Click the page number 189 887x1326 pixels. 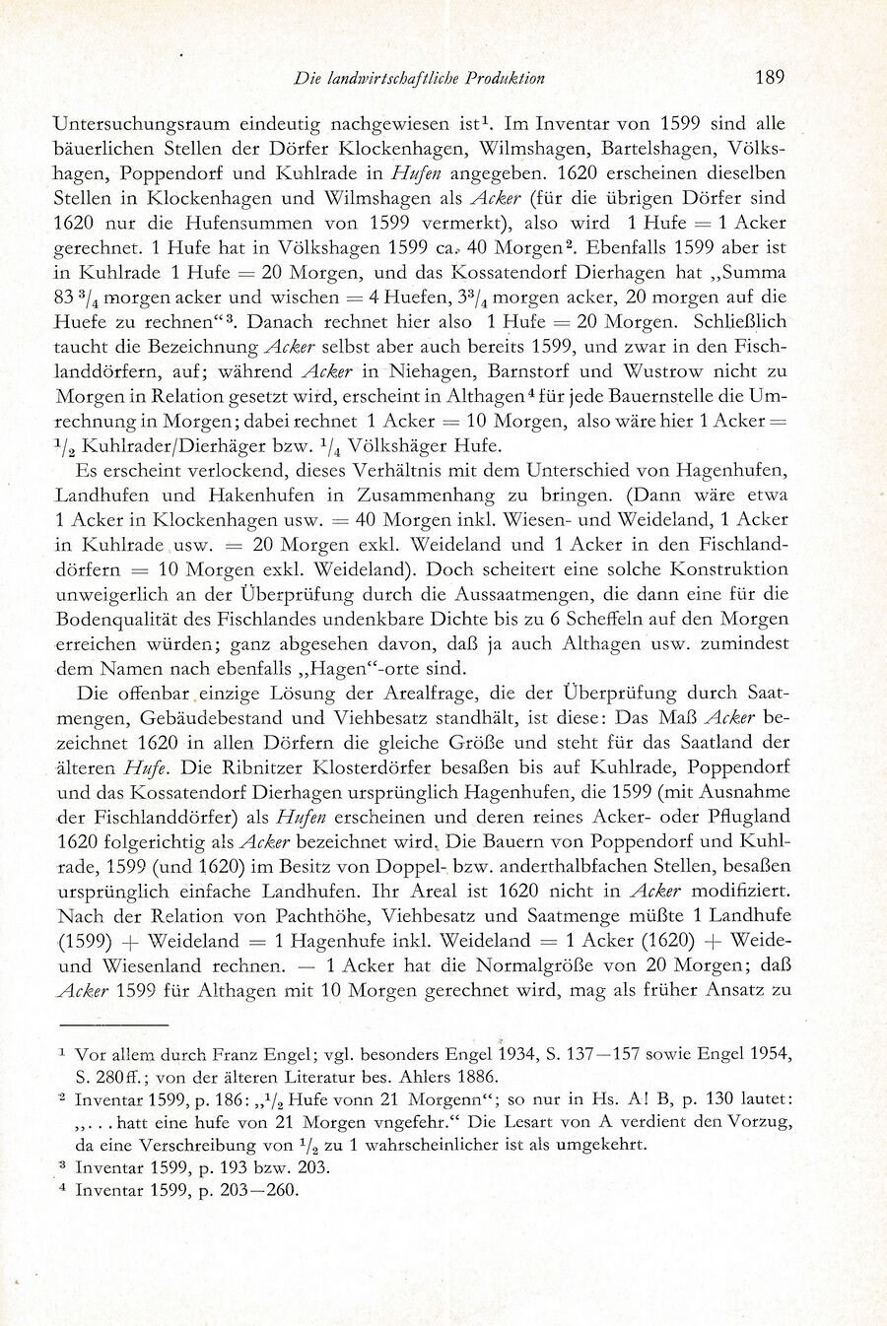point(769,78)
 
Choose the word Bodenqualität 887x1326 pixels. point(120,620)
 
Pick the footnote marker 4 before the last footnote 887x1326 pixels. point(62,1188)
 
